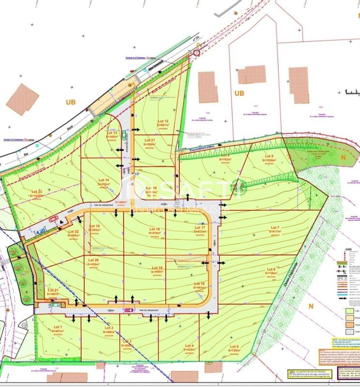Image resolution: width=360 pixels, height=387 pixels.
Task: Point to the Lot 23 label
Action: click(37, 192)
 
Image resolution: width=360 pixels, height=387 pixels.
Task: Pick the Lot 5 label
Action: click(235, 346)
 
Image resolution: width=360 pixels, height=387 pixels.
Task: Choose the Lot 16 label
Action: click(155, 229)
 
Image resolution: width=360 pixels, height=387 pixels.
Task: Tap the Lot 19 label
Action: click(157, 268)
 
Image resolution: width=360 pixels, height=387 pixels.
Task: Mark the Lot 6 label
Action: click(270, 269)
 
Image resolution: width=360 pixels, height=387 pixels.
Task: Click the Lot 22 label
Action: click(74, 232)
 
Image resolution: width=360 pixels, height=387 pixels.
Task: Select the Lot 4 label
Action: click(189, 345)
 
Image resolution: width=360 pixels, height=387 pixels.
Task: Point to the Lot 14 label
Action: click(104, 180)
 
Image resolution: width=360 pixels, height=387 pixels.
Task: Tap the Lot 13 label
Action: click(112, 133)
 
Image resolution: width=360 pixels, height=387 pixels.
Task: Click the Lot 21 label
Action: click(53, 290)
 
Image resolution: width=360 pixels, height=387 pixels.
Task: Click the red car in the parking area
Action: click(54, 218)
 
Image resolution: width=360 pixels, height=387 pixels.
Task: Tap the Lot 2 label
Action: click(109, 328)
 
